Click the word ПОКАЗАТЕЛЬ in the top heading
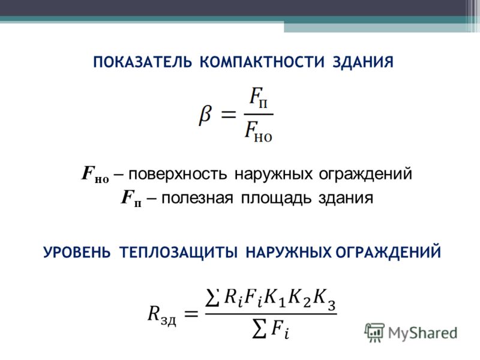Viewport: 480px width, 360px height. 143,62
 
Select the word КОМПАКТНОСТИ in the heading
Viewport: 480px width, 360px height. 262,62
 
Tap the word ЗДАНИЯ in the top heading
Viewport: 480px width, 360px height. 363,62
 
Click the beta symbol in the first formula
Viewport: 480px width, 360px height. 205,115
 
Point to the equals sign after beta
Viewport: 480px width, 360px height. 229,115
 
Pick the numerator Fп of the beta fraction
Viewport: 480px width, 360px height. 259,98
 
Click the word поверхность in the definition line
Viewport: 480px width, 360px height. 178,175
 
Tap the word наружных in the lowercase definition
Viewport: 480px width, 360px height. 274,175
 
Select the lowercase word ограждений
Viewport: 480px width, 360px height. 365,175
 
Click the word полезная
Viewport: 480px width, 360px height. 197,199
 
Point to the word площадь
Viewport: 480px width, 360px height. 276,199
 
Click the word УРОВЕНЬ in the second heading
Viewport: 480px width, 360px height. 77,253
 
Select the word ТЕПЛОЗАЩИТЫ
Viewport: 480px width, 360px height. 178,253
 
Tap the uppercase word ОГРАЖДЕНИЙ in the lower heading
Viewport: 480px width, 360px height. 388,253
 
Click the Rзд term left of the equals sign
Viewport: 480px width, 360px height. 162,314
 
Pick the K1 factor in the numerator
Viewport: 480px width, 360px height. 275,298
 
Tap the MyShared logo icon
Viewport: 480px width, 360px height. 374,332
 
